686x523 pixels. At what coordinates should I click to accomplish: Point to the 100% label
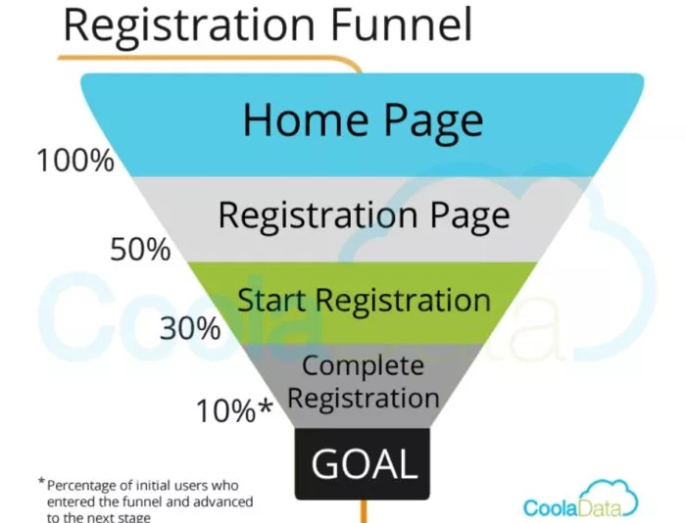[x=75, y=160]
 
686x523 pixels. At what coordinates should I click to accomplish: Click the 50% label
[x=140, y=250]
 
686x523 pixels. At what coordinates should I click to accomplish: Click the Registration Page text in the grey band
[x=364, y=214]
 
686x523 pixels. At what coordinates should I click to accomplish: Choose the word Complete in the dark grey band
[x=364, y=365]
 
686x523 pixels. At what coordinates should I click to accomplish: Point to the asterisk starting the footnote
[x=41, y=482]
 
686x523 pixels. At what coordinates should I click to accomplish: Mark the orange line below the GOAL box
[x=365, y=508]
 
